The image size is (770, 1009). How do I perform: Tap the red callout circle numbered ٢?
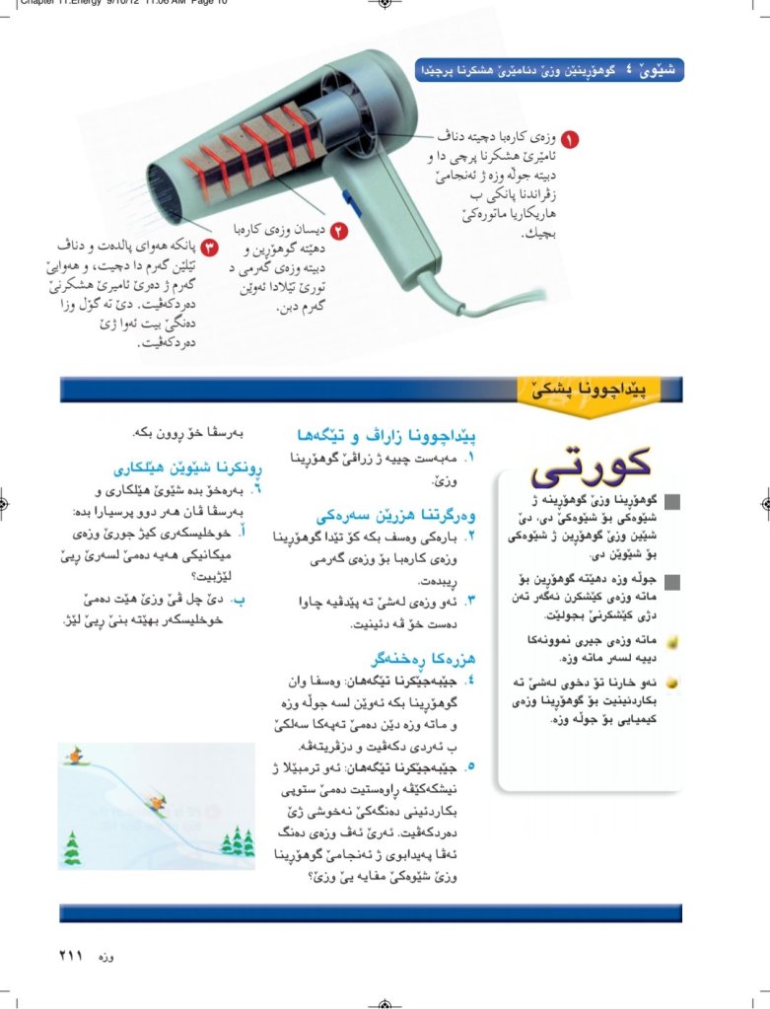[x=338, y=232]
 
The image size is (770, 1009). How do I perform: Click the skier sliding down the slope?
[x=153, y=801]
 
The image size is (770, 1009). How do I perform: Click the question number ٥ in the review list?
[x=471, y=764]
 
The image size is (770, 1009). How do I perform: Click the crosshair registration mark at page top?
[x=385, y=5]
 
